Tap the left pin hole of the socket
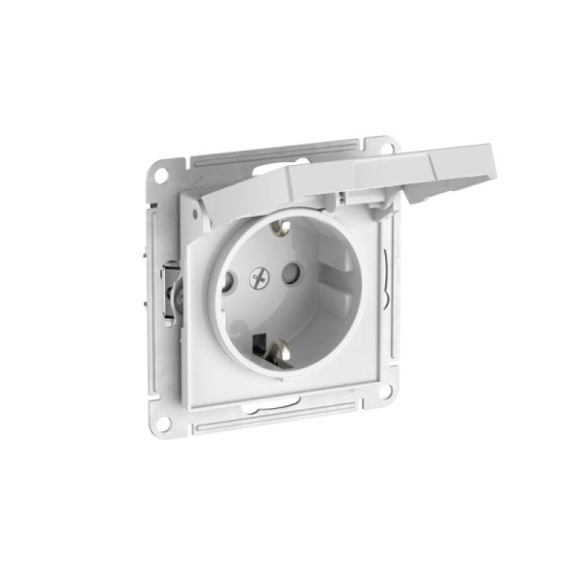(228, 284)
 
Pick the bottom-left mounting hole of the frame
(164, 422)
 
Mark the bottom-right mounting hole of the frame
(385, 390)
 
